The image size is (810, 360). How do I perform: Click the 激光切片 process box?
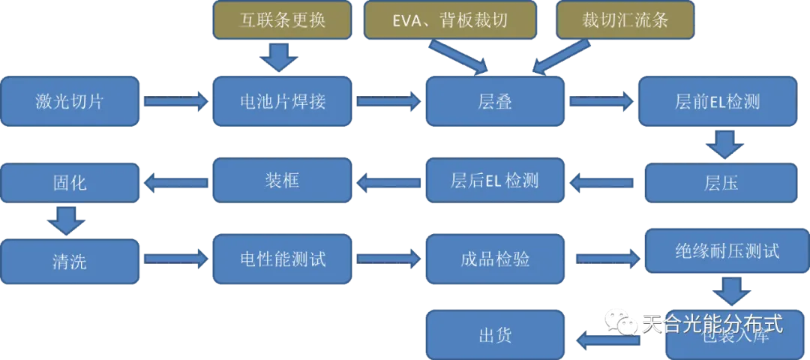(x=70, y=100)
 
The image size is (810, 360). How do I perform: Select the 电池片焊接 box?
(x=282, y=100)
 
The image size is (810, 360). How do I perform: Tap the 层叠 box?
(x=494, y=100)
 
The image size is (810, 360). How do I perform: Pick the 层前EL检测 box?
(x=717, y=100)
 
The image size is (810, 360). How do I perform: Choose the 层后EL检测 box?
(x=494, y=180)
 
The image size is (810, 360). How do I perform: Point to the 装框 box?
(x=282, y=180)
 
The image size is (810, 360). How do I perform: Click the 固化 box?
(x=70, y=182)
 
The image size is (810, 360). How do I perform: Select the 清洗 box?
(x=70, y=261)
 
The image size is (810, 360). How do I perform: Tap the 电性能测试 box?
(x=282, y=259)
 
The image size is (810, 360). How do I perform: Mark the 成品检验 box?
(x=494, y=259)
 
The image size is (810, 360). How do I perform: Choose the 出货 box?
(x=494, y=334)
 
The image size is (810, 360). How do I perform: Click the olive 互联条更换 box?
(x=282, y=19)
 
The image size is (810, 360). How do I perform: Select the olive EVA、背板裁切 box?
(x=450, y=19)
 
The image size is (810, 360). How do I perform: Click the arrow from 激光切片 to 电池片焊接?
(x=176, y=100)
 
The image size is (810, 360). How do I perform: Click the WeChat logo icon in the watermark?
(x=622, y=322)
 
